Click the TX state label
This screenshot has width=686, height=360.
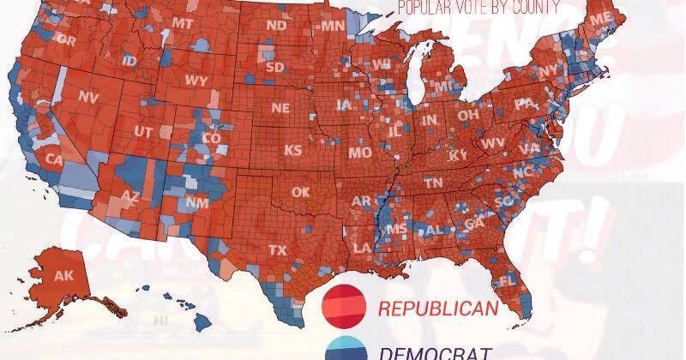coord(278,250)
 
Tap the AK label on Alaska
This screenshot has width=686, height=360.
coord(63,275)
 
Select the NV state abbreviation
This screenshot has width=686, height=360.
coord(88,97)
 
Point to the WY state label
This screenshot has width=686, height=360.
coord(196,81)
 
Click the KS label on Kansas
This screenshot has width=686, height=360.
coord(293,150)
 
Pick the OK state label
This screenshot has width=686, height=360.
coord(300,192)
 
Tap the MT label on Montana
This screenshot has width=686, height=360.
coord(183,22)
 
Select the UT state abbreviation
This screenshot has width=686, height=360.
coord(144,131)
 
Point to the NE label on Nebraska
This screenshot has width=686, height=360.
coord(280,108)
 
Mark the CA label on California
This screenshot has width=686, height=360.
coord(54,159)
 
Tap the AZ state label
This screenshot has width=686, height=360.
coord(129,196)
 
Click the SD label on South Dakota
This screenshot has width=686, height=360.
coord(275,67)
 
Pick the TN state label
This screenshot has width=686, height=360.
coord(434,183)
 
